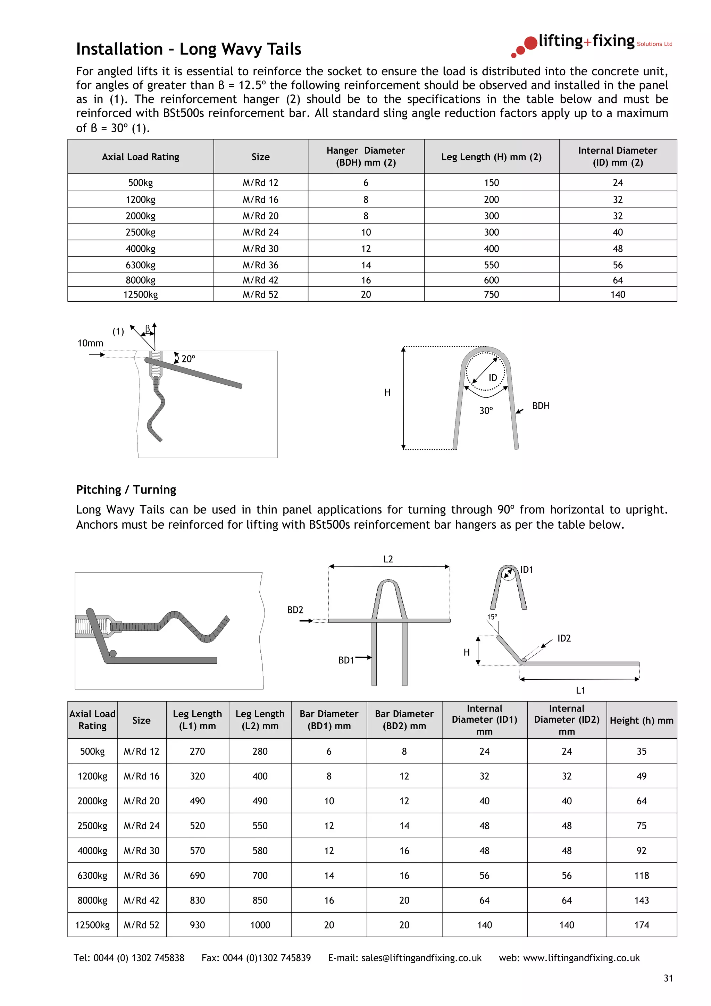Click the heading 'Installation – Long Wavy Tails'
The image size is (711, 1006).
click(x=189, y=49)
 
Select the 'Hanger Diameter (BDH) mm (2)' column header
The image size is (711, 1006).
click(x=366, y=157)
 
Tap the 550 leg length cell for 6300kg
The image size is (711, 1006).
click(x=491, y=265)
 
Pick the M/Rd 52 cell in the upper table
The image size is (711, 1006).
click(x=260, y=294)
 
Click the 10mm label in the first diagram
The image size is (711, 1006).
click(x=90, y=343)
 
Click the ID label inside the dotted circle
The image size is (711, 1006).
click(x=493, y=378)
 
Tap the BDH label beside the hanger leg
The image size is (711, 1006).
click(x=541, y=406)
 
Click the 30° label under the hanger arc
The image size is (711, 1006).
click(x=486, y=411)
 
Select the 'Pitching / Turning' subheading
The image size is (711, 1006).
click(x=126, y=489)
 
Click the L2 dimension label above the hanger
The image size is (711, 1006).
click(x=388, y=559)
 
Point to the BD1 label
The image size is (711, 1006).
click(x=346, y=660)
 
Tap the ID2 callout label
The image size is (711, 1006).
click(x=564, y=638)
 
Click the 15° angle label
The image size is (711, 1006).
click(x=492, y=617)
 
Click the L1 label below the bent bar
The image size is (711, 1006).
click(x=580, y=690)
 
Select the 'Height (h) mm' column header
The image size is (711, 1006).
click(x=641, y=720)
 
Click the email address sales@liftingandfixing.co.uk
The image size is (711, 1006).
click(x=421, y=958)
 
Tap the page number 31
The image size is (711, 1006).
click(x=668, y=978)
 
